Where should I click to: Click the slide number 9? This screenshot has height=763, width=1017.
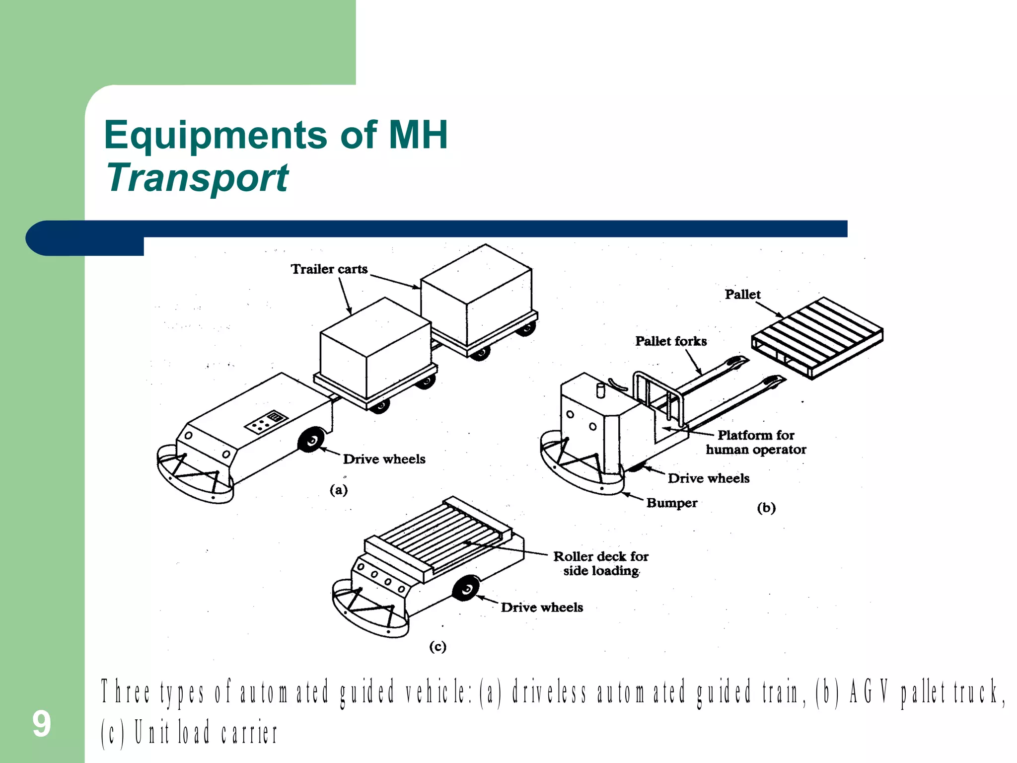pyautogui.click(x=42, y=724)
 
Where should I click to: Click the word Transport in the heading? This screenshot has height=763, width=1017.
pyautogui.click(x=197, y=178)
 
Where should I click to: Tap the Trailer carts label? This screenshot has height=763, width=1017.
pyautogui.click(x=329, y=269)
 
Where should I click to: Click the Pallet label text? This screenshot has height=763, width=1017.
pyautogui.click(x=742, y=295)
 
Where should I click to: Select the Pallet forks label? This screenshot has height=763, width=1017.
pyautogui.click(x=671, y=341)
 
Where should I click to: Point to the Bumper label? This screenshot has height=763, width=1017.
pyautogui.click(x=671, y=503)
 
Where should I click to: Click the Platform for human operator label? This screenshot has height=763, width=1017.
pyautogui.click(x=756, y=442)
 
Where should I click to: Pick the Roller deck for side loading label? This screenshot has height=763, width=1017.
pyautogui.click(x=601, y=563)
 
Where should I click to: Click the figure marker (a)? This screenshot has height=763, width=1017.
pyautogui.click(x=339, y=490)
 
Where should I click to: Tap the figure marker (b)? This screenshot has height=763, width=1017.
pyautogui.click(x=766, y=508)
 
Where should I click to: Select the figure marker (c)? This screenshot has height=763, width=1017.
pyautogui.click(x=437, y=646)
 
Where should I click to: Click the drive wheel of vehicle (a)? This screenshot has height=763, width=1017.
pyautogui.click(x=311, y=440)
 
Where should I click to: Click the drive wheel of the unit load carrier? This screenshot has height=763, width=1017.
pyautogui.click(x=466, y=589)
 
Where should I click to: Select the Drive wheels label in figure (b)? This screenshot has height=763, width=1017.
pyautogui.click(x=708, y=478)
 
